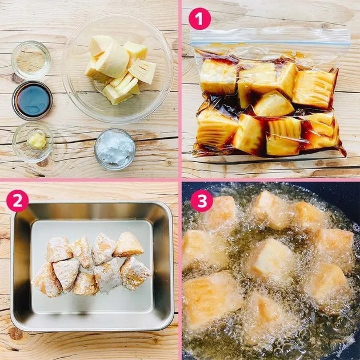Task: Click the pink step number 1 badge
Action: pos(199,19)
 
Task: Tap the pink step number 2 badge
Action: pos(18,201)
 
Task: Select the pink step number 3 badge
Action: pos(202,201)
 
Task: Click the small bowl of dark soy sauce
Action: pos(33,101)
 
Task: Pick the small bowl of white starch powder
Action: pos(115,149)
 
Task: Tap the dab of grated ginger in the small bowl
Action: pos(37,141)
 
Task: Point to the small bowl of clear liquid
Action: pos(31,60)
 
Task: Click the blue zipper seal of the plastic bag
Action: pos(270,43)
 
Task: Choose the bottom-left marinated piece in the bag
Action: pos(216,130)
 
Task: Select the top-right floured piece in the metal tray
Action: pos(128,245)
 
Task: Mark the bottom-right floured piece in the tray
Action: pos(135,273)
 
